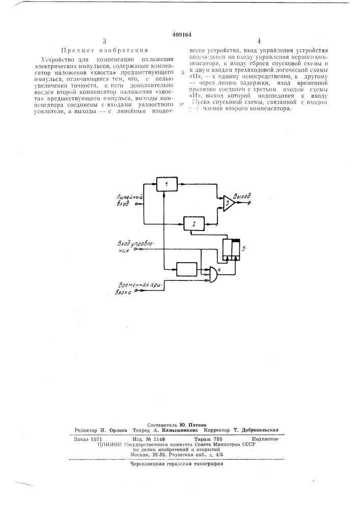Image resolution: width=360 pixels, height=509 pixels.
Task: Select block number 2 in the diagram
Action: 193,223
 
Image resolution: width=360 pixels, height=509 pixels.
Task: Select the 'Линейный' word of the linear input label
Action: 131,196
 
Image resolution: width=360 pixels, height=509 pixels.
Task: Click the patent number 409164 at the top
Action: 181,35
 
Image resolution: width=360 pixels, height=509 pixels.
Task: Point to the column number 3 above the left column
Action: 104,42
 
